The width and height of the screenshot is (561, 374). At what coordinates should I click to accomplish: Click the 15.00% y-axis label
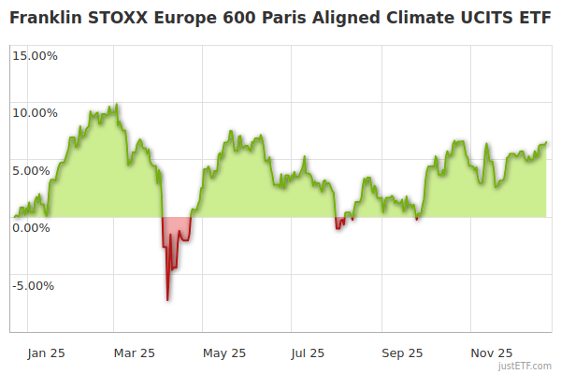click(35, 55)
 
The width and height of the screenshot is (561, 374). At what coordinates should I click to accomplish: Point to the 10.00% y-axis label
click(35, 113)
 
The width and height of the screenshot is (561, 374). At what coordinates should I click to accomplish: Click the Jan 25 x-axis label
click(46, 353)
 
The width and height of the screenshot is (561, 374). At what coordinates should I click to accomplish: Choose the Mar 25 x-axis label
click(134, 353)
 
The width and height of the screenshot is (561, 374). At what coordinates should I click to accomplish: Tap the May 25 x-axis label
click(224, 353)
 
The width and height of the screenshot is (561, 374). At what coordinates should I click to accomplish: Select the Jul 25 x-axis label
click(308, 353)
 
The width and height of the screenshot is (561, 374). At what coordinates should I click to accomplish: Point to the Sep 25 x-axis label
click(402, 353)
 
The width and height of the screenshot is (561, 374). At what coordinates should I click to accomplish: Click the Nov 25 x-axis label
click(491, 353)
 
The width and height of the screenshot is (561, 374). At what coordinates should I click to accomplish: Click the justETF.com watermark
click(526, 366)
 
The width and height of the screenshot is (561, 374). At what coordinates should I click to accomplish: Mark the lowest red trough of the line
click(167, 300)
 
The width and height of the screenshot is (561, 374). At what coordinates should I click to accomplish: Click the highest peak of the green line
click(115, 104)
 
